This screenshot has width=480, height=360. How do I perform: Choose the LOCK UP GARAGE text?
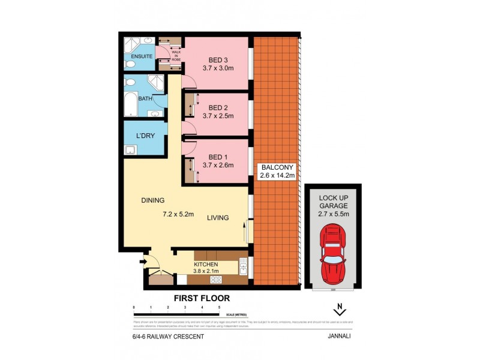332,200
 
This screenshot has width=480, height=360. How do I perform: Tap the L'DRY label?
145,136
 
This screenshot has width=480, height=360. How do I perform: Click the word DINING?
153,200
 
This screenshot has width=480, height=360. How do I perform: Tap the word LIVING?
218,218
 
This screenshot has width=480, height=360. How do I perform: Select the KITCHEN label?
206,264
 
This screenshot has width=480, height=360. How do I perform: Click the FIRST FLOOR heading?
202,298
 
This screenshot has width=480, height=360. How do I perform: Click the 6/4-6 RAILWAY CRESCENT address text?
169,337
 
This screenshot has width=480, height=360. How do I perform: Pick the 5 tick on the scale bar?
219,307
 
